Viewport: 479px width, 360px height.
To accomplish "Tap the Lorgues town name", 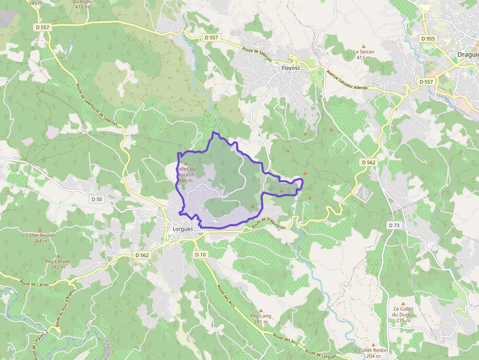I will (183, 229).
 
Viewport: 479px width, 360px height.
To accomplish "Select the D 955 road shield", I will (427, 38).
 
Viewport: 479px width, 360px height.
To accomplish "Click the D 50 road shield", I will (97, 199).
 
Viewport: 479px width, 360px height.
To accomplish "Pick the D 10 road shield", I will (200, 254).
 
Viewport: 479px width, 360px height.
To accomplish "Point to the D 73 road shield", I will (393, 225).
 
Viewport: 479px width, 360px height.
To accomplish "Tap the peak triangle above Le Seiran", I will (363, 46).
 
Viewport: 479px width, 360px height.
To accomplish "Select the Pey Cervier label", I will (58, 261).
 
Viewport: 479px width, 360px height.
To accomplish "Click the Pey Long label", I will (261, 316).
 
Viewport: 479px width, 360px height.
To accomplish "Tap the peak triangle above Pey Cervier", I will (58, 256).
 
